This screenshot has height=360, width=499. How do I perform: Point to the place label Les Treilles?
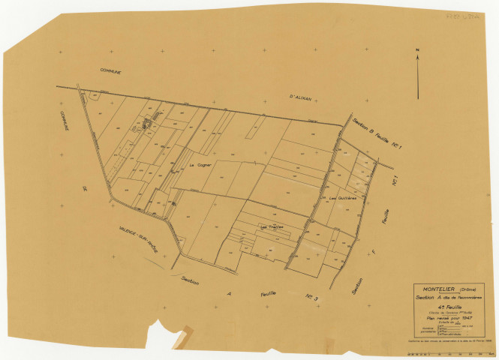270,226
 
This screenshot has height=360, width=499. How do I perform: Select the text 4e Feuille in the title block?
450,306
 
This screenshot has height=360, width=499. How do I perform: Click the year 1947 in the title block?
470,319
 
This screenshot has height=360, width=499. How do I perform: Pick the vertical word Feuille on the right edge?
387,221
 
